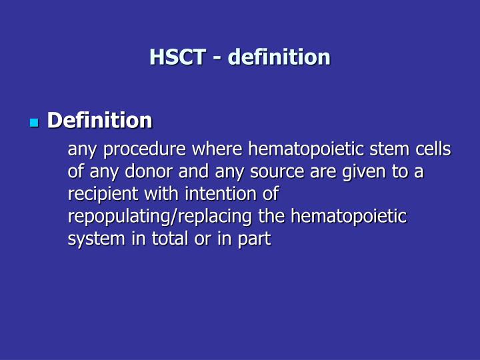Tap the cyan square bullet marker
[35, 123]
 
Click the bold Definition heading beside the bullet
[99, 120]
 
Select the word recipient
[98, 194]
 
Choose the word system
[91, 239]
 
